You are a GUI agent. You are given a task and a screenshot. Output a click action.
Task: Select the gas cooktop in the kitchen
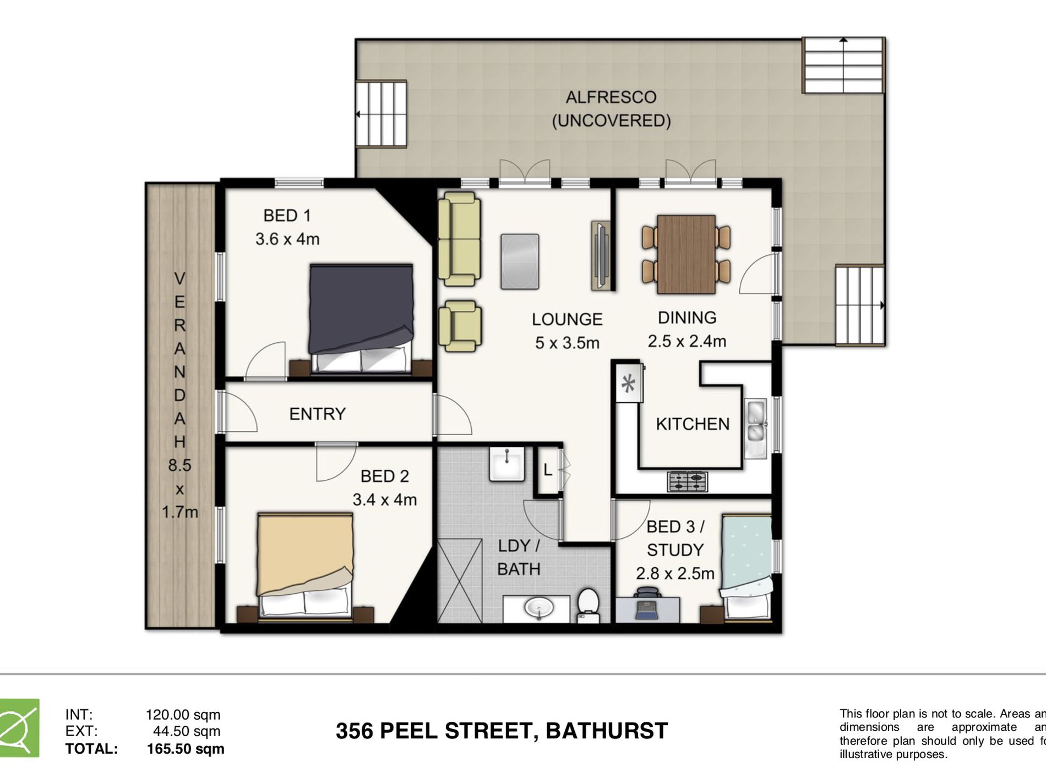point(688,482)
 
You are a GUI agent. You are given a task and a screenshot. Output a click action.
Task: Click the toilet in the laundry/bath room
point(588,605)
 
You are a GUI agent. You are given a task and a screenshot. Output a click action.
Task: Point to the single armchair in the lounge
point(460,326)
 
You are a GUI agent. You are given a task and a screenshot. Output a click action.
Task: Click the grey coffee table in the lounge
point(519,261)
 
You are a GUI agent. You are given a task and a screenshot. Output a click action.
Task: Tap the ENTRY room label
point(317,414)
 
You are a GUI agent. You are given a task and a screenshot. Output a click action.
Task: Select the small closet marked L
point(547,470)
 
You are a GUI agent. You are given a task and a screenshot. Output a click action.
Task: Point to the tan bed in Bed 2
point(306,561)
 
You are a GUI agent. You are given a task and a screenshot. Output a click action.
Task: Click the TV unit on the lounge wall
point(601,255)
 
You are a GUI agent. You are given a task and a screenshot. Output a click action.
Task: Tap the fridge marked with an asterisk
point(628,383)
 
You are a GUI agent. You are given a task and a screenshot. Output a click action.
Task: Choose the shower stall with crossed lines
point(460,581)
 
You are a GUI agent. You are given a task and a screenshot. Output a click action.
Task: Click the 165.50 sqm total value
point(186,749)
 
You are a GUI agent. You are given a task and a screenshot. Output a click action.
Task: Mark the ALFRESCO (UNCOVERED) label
point(611,109)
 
